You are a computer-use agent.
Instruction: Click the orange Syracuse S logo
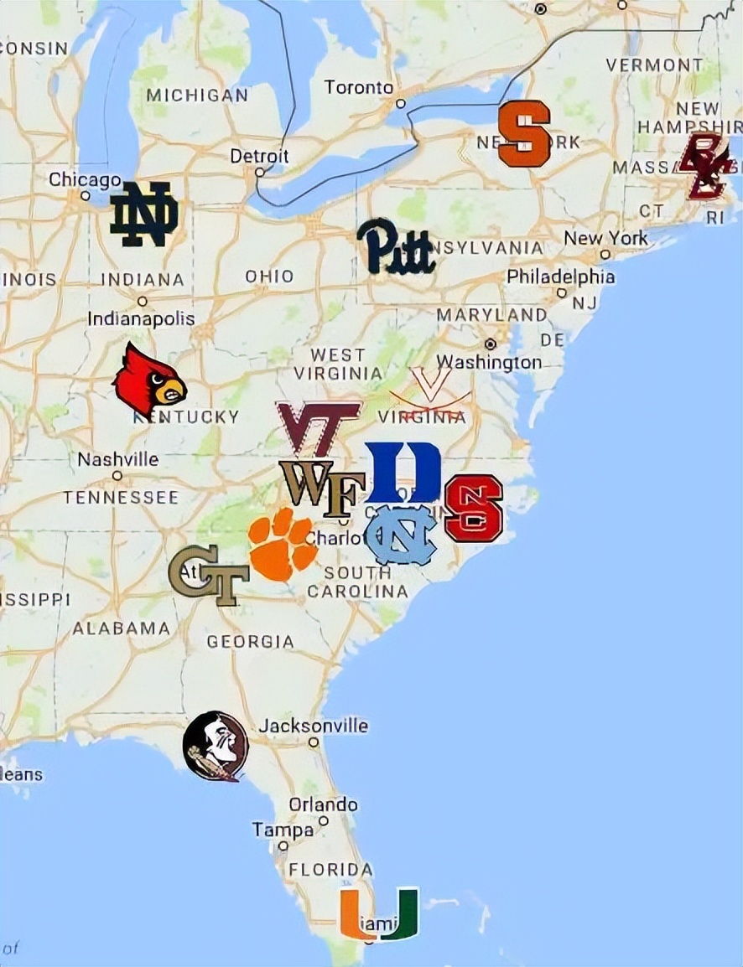[x=524, y=133]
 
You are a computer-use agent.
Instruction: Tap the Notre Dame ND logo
[x=144, y=215]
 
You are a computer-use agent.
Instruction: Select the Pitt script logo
[x=395, y=246]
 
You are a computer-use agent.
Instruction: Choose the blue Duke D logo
[x=403, y=473]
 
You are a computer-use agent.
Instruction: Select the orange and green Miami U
[x=379, y=913]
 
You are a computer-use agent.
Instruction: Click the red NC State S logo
[x=474, y=508]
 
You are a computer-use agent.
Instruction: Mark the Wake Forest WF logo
[x=322, y=488]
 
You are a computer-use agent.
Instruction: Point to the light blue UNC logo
[x=402, y=534]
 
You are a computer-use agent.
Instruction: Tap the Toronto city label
[x=359, y=87]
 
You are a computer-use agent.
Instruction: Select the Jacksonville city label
[x=313, y=726]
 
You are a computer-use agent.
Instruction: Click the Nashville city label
[x=118, y=459]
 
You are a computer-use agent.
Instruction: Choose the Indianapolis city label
[x=141, y=318]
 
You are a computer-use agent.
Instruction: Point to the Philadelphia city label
[x=560, y=277]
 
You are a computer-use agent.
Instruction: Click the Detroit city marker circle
[x=261, y=173]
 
